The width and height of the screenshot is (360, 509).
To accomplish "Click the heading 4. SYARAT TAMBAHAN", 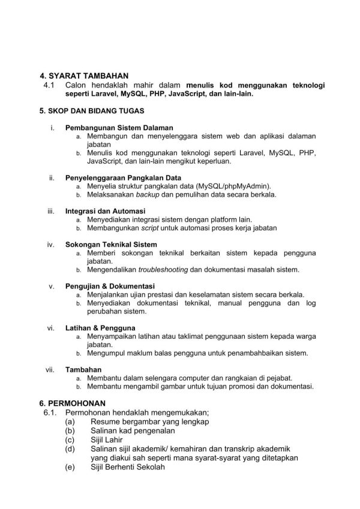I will click(x=84, y=76).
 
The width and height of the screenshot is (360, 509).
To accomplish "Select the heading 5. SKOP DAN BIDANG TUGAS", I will click(x=91, y=111).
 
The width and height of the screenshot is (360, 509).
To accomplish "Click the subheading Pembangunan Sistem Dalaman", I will click(x=119, y=128).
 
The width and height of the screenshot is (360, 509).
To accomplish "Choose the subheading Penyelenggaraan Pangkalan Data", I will click(x=123, y=178).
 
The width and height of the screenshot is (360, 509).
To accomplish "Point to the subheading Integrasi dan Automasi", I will click(x=105, y=212).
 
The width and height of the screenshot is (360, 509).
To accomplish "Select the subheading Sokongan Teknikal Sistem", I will click(x=111, y=245).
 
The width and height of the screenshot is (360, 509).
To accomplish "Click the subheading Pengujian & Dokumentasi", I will click(x=110, y=287).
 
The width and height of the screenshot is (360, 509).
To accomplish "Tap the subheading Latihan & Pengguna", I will click(x=100, y=328).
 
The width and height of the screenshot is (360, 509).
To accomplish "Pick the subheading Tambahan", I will click(x=83, y=369).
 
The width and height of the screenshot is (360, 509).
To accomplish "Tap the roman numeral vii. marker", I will click(x=50, y=369).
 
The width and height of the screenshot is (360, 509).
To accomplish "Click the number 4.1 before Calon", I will click(x=49, y=85).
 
